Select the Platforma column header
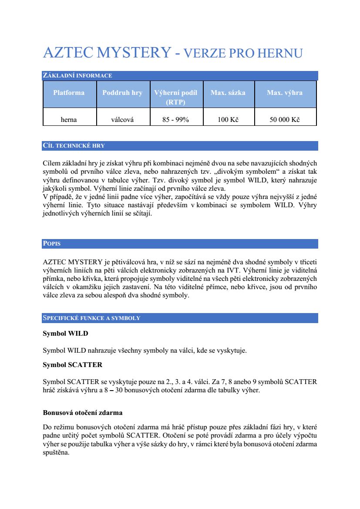tap(69, 93)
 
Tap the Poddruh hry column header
tap(122, 93)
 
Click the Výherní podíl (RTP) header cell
tap(175, 97)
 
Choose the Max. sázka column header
tap(228, 93)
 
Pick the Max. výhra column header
tap(285, 93)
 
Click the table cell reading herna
tap(69, 120)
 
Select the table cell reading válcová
tap(122, 120)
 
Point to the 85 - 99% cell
tap(175, 120)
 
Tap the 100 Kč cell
tap(228, 120)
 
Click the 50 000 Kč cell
tap(285, 120)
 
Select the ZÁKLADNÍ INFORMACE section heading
tap(77, 76)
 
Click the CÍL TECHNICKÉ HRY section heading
tap(74, 146)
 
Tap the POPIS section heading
tap(52, 244)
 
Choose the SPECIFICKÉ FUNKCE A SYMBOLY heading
tap(91, 318)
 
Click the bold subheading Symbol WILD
tap(65, 334)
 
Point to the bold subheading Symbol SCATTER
tap(72, 365)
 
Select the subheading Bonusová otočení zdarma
tap(83, 412)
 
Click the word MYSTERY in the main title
tap(133, 53)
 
